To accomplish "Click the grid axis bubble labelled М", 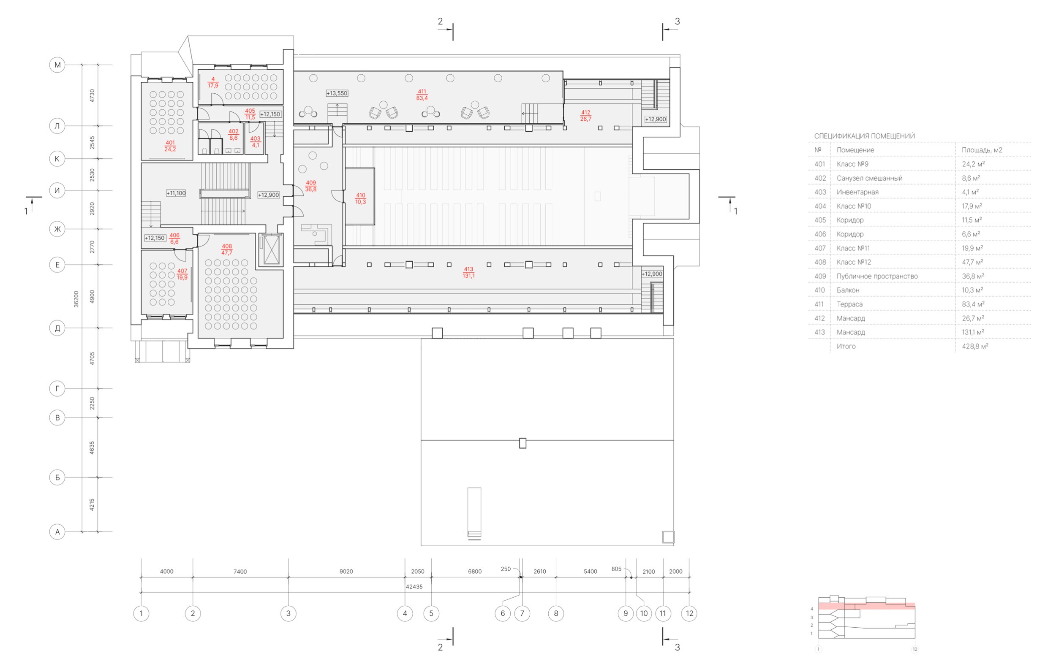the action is click(x=57, y=65).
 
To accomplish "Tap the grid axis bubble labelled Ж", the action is click(x=57, y=229).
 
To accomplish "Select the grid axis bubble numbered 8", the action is click(x=556, y=613).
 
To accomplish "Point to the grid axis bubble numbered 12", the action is click(x=689, y=613).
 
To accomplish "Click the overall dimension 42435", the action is click(x=414, y=586).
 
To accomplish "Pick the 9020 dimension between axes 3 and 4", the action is click(x=346, y=572).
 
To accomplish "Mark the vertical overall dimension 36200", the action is click(x=76, y=299).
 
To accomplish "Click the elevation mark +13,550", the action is click(x=337, y=93).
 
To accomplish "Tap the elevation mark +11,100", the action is click(x=176, y=193).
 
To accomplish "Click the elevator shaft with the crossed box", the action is click(x=272, y=250).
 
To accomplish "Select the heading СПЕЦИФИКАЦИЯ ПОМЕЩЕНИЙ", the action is click(x=864, y=136).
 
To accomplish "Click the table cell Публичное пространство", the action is click(x=877, y=276).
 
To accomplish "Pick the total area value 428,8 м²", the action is click(x=975, y=346).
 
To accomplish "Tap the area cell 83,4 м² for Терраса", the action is click(x=973, y=304).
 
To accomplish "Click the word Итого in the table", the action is click(x=846, y=346).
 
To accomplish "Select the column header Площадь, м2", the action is click(x=982, y=150).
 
